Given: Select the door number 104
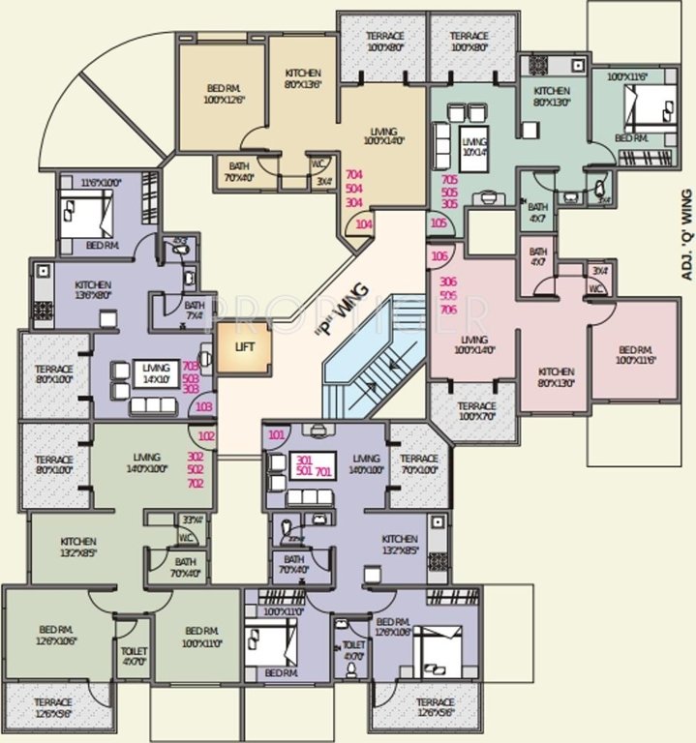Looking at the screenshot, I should click(x=364, y=224).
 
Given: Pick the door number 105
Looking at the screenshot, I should click(x=439, y=223).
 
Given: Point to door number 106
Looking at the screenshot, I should click(x=439, y=255).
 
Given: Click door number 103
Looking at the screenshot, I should click(x=204, y=406).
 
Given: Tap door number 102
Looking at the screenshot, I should click(x=206, y=436).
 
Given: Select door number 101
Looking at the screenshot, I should click(x=277, y=434).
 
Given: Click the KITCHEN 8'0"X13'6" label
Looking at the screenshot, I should click(x=303, y=78).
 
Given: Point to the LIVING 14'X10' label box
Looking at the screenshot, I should click(x=155, y=373).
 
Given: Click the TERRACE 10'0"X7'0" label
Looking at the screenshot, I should click(x=476, y=411).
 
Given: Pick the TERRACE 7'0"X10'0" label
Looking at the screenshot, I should click(x=419, y=464).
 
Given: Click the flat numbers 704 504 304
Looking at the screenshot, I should click(x=353, y=190).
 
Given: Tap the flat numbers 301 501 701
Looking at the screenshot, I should click(x=314, y=464).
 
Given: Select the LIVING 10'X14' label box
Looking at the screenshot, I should click(x=473, y=144).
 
